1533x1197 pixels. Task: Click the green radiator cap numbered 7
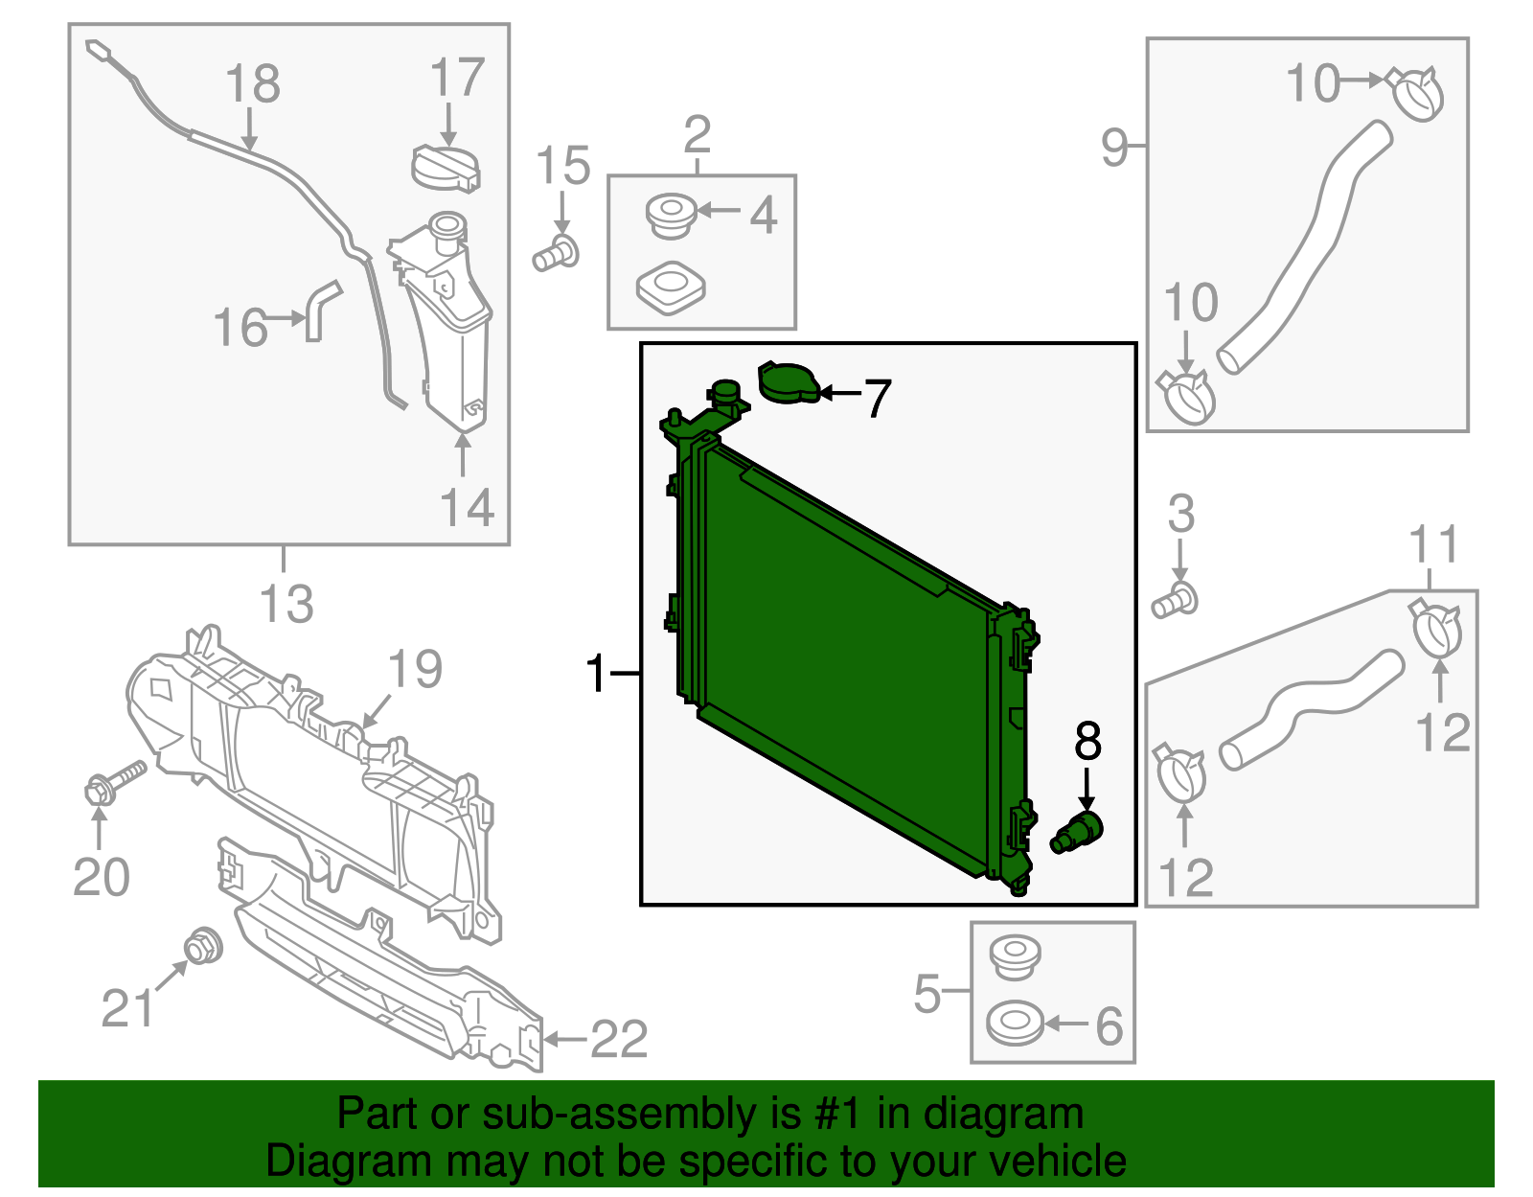coord(788,382)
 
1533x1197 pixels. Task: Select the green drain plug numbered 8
coord(1079,830)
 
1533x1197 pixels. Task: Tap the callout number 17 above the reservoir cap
coord(457,79)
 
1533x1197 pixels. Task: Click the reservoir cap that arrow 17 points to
coord(446,168)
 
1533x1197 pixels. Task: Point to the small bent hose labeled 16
coord(320,309)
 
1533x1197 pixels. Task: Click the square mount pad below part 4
coord(671,287)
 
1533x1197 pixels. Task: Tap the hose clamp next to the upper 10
coord(1417,93)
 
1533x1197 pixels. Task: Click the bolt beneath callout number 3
coord(1175,601)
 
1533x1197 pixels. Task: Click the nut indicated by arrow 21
coord(202,947)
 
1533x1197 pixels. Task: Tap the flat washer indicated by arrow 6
coord(1014,1024)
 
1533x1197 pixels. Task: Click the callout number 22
coord(619,1039)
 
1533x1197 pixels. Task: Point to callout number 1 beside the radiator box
coord(596,674)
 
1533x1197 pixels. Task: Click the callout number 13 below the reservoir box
coord(286,605)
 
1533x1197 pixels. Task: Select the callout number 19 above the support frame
coord(415,669)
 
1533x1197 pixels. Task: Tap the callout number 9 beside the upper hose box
coord(1114,147)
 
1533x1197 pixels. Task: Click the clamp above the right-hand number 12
coord(1435,628)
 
